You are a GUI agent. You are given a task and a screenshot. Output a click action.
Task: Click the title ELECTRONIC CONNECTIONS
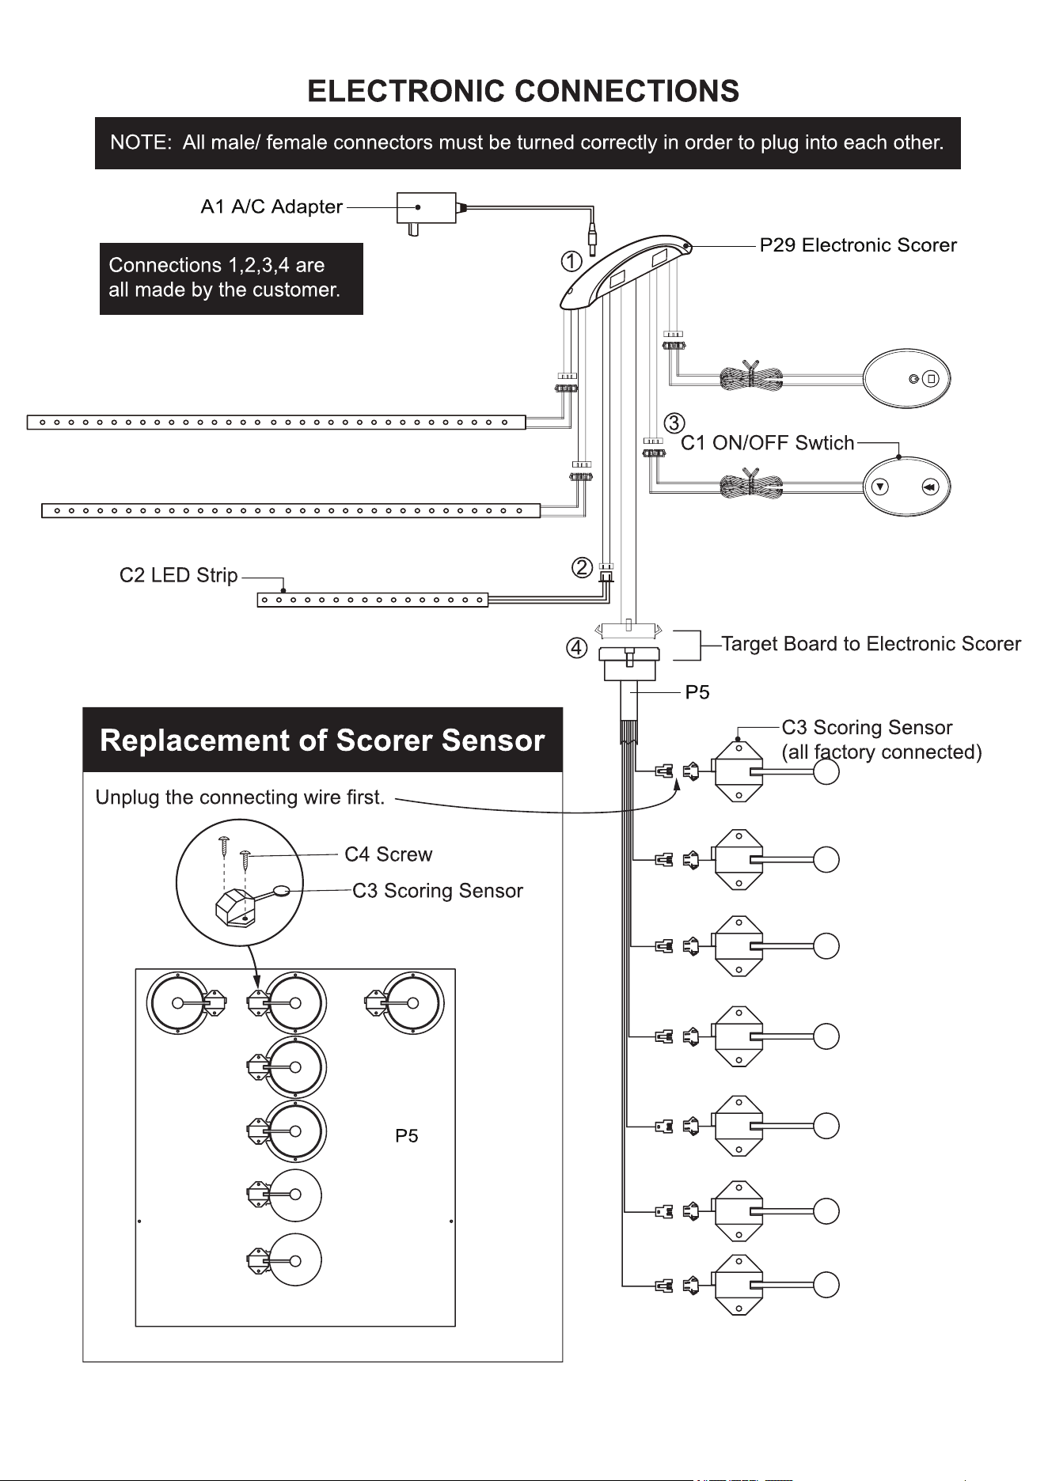523,91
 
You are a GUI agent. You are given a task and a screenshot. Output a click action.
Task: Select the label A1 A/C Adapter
271,207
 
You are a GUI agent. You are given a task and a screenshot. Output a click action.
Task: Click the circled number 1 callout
571,261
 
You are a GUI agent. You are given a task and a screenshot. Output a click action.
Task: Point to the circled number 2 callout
582,567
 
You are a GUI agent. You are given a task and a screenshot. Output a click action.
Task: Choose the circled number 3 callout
674,422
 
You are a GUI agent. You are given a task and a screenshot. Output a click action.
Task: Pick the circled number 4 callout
576,648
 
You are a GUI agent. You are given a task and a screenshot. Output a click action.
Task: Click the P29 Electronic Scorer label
858,245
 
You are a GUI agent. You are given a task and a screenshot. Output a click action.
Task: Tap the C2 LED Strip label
179,575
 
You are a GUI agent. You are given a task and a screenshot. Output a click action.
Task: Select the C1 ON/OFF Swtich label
768,443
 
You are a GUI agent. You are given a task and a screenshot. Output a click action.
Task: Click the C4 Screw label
389,854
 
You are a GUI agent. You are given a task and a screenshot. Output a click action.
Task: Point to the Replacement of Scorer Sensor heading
322,740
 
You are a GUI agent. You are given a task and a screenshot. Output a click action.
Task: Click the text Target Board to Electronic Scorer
871,644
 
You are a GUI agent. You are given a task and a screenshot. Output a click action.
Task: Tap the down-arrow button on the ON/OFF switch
880,487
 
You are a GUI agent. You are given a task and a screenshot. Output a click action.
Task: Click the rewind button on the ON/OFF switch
930,487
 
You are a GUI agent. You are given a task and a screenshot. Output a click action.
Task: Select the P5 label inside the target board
407,1136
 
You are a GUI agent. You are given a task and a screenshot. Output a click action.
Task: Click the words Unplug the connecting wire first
240,797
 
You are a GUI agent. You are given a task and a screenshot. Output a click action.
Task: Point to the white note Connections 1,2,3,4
225,278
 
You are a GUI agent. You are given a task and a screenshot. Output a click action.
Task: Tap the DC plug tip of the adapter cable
592,237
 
